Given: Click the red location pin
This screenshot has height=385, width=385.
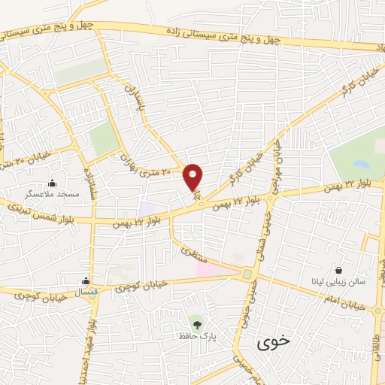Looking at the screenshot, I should (x=193, y=177).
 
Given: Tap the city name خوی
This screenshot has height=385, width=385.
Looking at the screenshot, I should (x=272, y=341).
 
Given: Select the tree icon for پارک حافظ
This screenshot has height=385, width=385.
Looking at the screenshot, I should (x=197, y=325).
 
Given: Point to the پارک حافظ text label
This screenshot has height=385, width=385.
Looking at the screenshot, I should (x=197, y=337).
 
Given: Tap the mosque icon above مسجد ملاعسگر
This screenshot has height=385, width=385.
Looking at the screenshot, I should (x=52, y=183).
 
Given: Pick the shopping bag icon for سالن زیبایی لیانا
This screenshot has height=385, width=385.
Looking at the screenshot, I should (x=340, y=270).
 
